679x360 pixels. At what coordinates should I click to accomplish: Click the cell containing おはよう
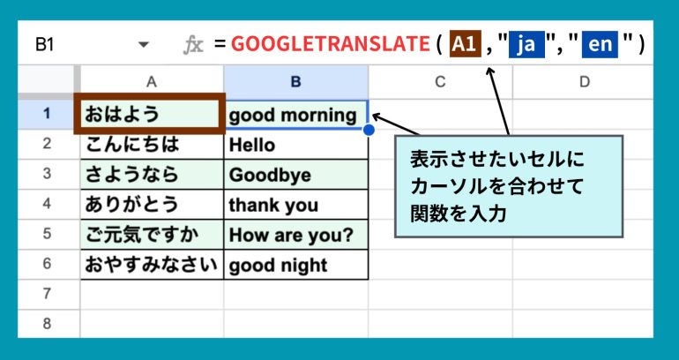point(150,114)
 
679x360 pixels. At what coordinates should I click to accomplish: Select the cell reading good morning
point(296,115)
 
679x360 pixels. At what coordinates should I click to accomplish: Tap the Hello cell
point(296,144)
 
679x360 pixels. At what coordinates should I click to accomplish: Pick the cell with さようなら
point(152,174)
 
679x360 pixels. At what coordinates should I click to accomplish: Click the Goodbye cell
point(296,174)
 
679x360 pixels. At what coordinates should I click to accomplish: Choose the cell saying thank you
point(296,204)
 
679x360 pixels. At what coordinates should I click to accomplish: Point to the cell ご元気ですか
point(152,235)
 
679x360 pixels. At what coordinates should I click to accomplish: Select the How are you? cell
point(296,235)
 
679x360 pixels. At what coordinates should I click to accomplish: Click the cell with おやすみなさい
point(152,264)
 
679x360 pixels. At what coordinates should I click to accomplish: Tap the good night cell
point(296,264)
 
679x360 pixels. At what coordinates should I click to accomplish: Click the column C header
point(440,82)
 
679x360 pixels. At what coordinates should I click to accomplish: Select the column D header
point(583,82)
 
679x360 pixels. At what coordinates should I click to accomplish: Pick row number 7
point(48,294)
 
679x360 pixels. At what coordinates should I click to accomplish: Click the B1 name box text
point(44,44)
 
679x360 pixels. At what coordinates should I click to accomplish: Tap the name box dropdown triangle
point(144,45)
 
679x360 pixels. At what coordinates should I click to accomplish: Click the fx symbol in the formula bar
point(193,45)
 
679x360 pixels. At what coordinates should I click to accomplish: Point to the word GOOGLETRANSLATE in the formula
point(331,44)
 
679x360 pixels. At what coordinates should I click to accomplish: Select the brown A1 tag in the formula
point(465,44)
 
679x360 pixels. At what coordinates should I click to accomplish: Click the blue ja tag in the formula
point(526,44)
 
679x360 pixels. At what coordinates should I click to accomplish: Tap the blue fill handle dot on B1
point(369,130)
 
